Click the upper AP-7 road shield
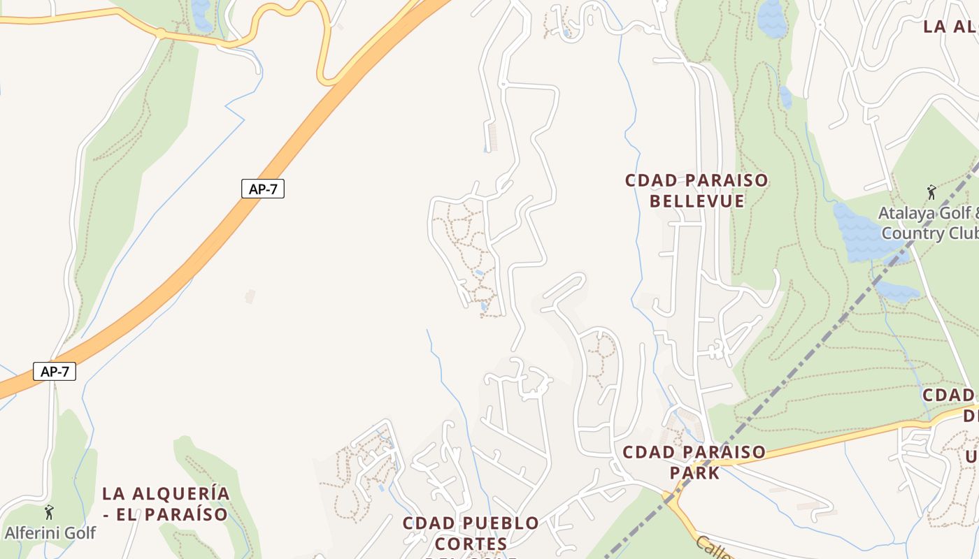[x=263, y=189]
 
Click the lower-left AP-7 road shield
[x=55, y=371]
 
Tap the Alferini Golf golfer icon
[x=49, y=512]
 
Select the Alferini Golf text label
[x=50, y=532]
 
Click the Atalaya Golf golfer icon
[x=931, y=192]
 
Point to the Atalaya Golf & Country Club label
[x=929, y=223]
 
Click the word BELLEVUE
[x=696, y=201]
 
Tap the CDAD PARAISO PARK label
[x=694, y=462]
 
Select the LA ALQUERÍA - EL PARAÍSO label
[x=166, y=504]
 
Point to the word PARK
[x=694, y=473]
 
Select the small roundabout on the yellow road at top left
[x=161, y=33]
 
